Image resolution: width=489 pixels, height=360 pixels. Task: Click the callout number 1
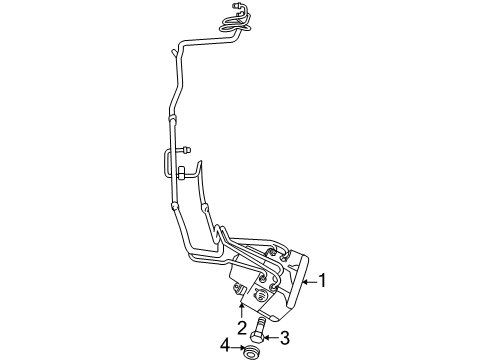(324, 281)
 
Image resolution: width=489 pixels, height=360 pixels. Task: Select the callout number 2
(242, 327)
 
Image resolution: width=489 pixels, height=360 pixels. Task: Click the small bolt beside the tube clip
(188, 149)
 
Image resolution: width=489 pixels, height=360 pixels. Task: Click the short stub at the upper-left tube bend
(175, 50)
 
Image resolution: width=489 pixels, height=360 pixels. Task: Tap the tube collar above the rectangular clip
(171, 124)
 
